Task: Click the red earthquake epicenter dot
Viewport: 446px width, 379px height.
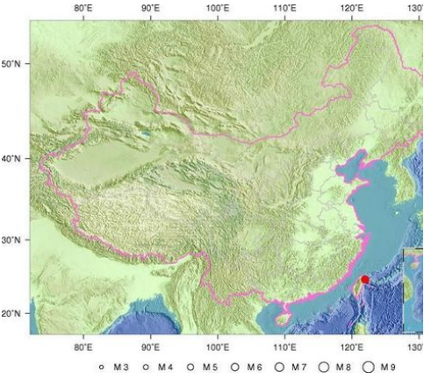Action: [x=365, y=280]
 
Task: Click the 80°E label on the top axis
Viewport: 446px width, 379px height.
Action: [x=84, y=8]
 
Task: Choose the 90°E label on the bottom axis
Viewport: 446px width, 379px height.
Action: [x=151, y=346]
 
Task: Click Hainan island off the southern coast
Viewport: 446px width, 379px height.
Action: [x=283, y=309]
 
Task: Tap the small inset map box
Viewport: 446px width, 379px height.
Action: [x=412, y=290]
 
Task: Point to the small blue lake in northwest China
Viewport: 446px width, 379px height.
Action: [x=145, y=134]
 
